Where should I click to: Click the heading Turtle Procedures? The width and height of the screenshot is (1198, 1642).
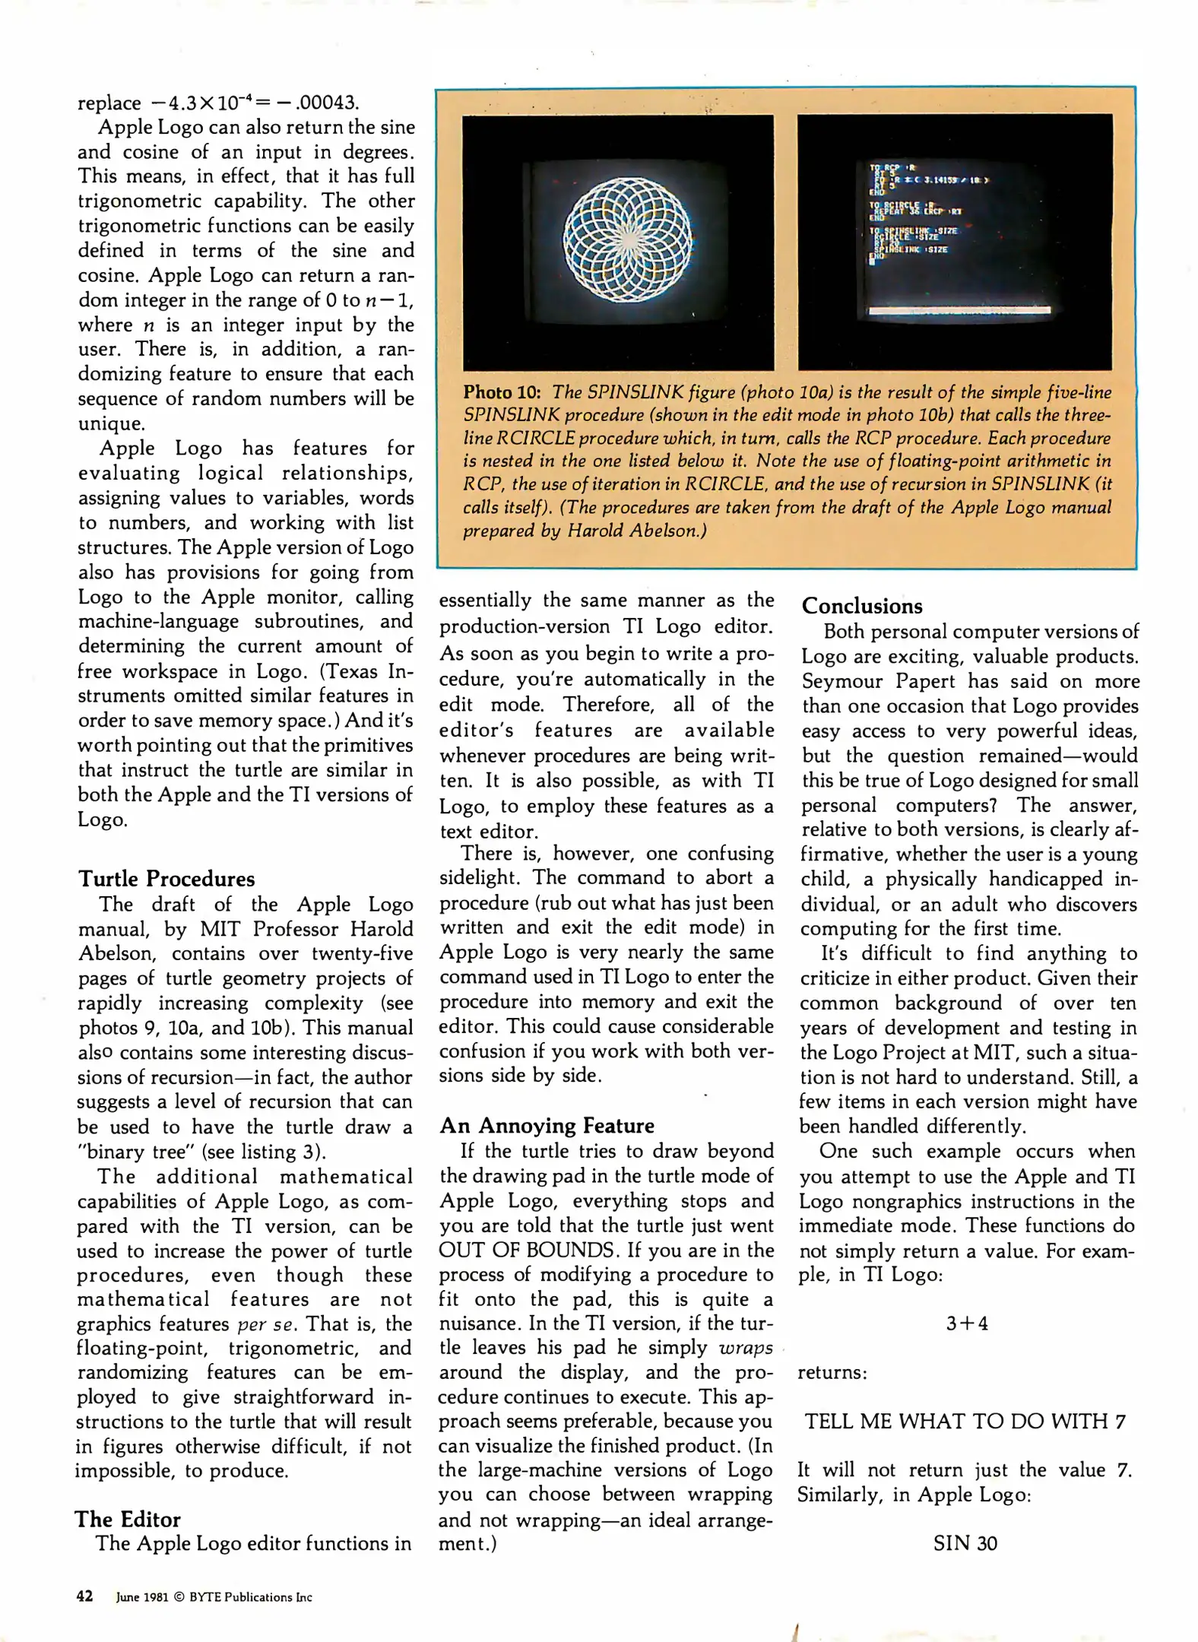(x=166, y=879)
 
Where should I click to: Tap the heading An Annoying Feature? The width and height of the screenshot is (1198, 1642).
(x=547, y=1125)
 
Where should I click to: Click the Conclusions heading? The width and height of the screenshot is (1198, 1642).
(x=861, y=606)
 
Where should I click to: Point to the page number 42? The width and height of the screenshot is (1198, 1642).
(x=84, y=1596)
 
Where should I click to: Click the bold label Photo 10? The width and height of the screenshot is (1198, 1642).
(x=502, y=392)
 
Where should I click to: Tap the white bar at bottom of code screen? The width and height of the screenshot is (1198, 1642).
(x=959, y=311)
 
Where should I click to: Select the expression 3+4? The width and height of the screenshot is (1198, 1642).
(x=966, y=1323)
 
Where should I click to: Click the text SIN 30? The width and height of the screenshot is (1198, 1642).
(x=965, y=1543)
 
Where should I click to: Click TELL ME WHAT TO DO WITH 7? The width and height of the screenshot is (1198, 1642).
(x=965, y=1422)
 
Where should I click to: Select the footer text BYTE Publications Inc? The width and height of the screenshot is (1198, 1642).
(x=250, y=1597)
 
